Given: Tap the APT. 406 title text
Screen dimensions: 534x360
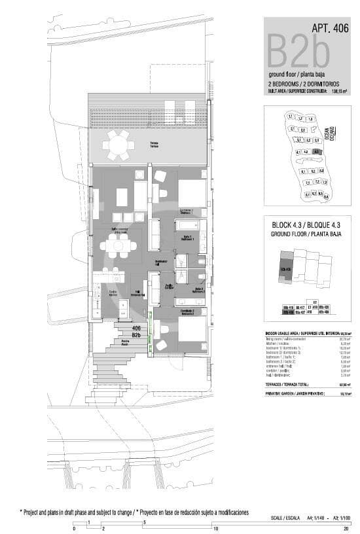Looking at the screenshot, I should point(330,28).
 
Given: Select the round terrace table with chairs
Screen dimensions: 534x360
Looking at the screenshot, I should point(119,145).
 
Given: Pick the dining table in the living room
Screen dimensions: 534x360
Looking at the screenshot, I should point(119,246).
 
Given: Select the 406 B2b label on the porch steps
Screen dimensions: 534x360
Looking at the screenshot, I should point(136,331).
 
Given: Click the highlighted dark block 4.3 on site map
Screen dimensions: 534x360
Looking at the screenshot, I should point(316,151).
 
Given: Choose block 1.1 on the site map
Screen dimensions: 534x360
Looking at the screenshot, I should point(289,116).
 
